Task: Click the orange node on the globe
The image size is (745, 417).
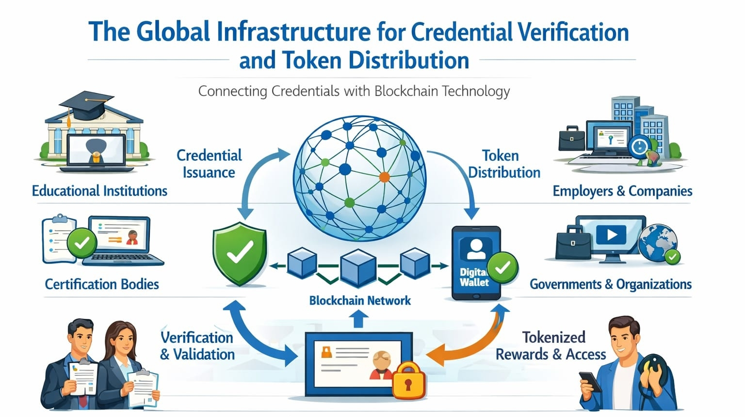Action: [384, 177]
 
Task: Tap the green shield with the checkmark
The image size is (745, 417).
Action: [240, 253]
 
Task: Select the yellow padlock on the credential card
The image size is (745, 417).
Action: [408, 381]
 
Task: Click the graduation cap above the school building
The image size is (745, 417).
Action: [87, 105]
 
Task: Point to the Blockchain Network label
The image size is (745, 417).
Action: [359, 300]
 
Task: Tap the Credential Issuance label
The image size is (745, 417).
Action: [209, 164]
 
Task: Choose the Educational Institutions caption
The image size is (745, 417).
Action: [99, 191]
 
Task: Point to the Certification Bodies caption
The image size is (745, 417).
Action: [102, 284]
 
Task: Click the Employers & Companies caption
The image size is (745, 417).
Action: [622, 191]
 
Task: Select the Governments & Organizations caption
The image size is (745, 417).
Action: [611, 284]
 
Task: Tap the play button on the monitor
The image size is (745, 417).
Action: [611, 235]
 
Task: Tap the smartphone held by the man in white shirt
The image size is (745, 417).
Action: [590, 382]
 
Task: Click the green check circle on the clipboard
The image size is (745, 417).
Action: [82, 242]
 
